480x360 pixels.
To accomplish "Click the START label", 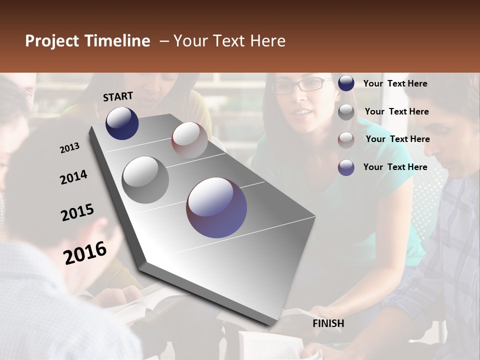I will click(118, 96).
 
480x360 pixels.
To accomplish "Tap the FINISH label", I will click(328, 323).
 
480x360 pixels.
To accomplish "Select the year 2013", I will click(69, 148).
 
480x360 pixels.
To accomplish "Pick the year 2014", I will click(73, 177).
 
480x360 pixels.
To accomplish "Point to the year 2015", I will click(77, 212).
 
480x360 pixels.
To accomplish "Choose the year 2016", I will click(85, 253).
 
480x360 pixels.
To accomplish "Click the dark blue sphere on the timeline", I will click(122, 123).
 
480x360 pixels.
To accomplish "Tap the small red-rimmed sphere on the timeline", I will click(189, 140).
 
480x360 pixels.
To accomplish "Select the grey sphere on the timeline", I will click(145, 179).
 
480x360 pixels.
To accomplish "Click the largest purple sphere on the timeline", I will click(216, 207).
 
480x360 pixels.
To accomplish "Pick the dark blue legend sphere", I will click(346, 83).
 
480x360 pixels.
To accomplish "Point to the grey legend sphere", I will click(346, 112).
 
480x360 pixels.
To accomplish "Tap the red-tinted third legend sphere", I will click(346, 139).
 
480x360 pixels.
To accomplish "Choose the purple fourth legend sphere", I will click(346, 167).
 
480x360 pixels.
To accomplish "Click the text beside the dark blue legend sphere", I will click(395, 83).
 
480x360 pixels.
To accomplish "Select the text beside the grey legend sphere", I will click(396, 111).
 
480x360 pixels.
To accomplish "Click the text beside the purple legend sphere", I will click(395, 167).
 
